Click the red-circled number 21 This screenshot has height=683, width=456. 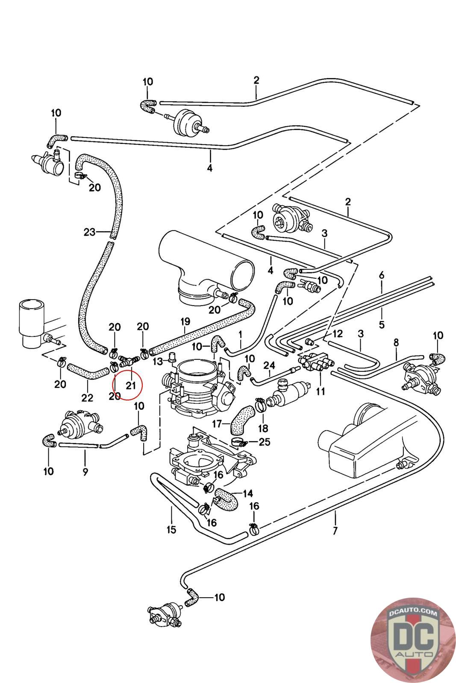[130, 385]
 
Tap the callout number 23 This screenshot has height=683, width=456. [89, 232]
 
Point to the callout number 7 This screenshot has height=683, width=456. [335, 531]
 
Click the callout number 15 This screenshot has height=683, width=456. [171, 530]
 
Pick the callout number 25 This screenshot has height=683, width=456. [265, 442]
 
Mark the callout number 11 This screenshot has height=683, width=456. [321, 390]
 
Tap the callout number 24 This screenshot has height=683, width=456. [269, 365]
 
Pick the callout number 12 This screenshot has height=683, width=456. [338, 333]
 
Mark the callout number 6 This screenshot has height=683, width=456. [382, 275]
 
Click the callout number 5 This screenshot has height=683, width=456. [382, 324]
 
